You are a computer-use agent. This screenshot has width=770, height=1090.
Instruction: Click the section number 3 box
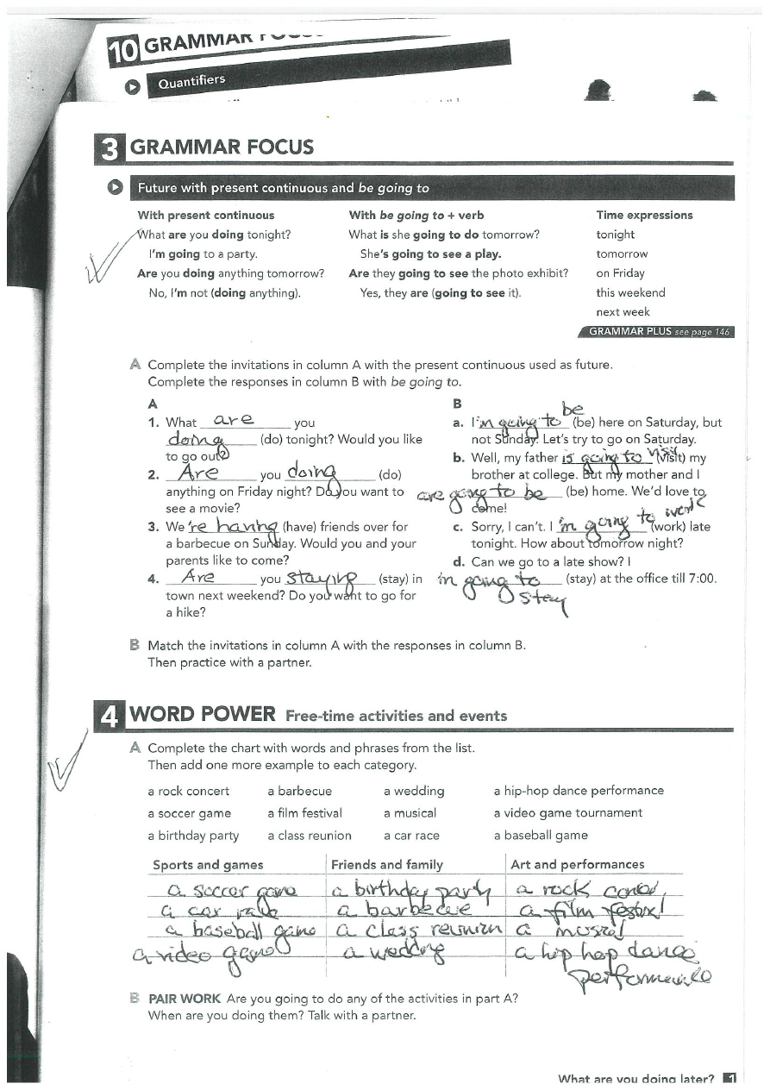pyautogui.click(x=110, y=147)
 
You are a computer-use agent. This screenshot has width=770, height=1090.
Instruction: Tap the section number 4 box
pyautogui.click(x=110, y=717)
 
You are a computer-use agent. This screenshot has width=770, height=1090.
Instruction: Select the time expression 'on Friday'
pyautogui.click(x=620, y=273)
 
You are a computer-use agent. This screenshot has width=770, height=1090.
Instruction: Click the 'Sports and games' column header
pyautogui.click(x=208, y=865)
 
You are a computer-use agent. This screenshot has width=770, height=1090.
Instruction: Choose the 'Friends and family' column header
pyautogui.click(x=386, y=865)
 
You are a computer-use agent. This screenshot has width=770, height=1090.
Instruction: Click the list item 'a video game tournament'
pyautogui.click(x=567, y=813)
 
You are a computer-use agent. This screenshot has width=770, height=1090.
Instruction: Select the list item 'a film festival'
pyautogui.click(x=304, y=813)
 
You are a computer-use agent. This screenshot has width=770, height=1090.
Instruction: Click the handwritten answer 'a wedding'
pyautogui.click(x=395, y=951)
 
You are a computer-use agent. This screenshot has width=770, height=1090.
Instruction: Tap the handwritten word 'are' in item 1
pyautogui.click(x=233, y=420)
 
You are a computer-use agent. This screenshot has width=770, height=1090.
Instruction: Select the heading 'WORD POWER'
pyautogui.click(x=202, y=715)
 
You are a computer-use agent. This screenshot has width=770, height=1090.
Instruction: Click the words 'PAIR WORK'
pyautogui.click(x=185, y=999)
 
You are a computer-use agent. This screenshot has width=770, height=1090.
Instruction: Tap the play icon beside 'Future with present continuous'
pyautogui.click(x=114, y=188)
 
